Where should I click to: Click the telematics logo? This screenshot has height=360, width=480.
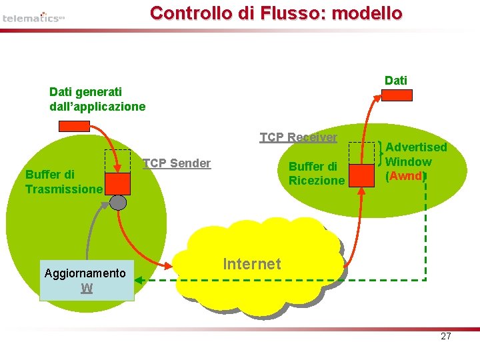33,17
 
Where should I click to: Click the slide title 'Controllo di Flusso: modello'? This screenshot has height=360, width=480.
276,13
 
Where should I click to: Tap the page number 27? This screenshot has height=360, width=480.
446,336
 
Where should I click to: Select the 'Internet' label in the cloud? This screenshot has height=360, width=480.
252,264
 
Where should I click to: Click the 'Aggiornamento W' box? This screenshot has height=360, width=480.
87,281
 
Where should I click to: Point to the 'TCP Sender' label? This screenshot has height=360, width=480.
177,163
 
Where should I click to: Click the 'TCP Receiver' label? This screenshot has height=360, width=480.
298,137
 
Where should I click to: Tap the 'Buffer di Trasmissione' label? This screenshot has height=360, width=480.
63,182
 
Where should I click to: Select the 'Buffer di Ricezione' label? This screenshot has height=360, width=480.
317,173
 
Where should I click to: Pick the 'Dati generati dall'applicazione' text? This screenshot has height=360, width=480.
97,99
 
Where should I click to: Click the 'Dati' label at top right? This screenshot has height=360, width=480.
396,81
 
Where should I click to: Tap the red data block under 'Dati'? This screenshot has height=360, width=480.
397,95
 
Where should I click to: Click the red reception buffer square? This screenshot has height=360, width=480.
362,175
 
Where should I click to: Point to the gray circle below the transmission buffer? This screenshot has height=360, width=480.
118,201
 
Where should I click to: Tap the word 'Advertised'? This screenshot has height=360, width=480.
417,147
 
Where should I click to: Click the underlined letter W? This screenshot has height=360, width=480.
87,288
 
